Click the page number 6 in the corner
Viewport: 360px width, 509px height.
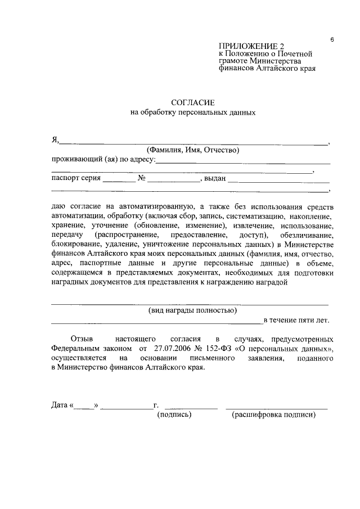click(x=332, y=39)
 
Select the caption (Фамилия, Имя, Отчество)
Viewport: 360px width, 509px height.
click(x=193, y=150)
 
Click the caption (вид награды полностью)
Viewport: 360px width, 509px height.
click(x=192, y=310)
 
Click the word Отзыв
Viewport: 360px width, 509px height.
click(x=82, y=339)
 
